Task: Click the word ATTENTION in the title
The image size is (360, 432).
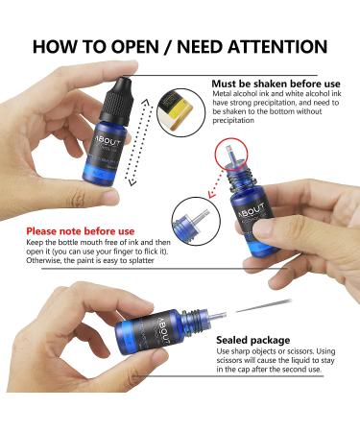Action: (x=277, y=46)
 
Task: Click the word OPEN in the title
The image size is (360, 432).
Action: (x=134, y=46)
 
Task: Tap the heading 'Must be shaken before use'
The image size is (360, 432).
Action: (x=276, y=84)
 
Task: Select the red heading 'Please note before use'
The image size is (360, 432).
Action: (x=81, y=231)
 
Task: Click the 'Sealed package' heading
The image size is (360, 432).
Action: (x=253, y=340)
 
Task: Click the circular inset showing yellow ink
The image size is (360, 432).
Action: (x=181, y=112)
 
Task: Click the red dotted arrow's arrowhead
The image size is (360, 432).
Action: (x=211, y=194)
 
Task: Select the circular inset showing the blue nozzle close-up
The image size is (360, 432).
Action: (x=196, y=221)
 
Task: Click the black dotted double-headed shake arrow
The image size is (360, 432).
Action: (x=137, y=142)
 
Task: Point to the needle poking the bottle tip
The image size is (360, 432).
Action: (x=263, y=306)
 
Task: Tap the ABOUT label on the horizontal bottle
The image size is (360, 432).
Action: (x=163, y=331)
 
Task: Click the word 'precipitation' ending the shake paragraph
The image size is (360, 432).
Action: (x=233, y=121)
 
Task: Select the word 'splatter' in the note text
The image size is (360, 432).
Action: (x=141, y=260)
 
